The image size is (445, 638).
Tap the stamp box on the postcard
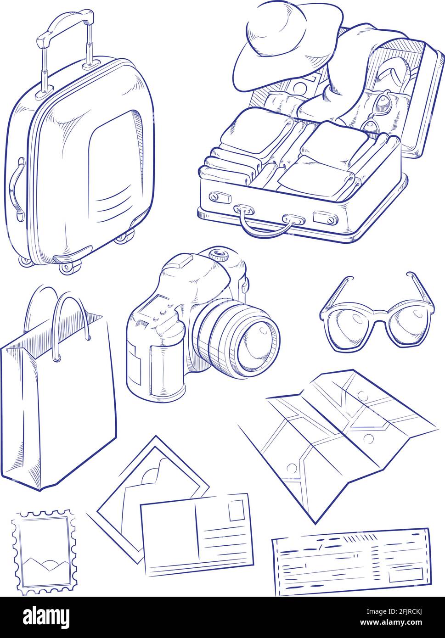[236, 510]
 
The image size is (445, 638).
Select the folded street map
[340, 436]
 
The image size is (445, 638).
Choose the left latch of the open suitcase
[220, 197]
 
